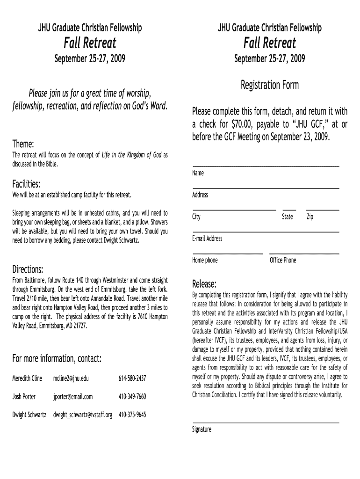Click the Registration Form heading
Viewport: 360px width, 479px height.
[269, 85]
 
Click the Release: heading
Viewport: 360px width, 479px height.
[204, 284]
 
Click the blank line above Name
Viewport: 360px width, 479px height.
[266, 166]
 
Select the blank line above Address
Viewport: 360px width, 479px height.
[266, 188]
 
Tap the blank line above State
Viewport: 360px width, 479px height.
[289, 210]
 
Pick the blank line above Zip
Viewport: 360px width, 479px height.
[322, 210]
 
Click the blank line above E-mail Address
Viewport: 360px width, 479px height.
[266, 232]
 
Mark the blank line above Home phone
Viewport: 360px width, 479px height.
[227, 254]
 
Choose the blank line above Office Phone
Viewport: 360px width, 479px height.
[304, 254]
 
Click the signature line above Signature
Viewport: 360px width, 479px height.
[266, 423]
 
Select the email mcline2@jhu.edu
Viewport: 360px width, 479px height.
[71, 378]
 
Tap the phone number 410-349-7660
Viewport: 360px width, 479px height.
[132, 397]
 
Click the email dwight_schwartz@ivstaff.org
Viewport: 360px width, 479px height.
[82, 415]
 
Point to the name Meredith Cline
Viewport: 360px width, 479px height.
[27, 378]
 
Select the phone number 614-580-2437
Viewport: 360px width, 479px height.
[132, 378]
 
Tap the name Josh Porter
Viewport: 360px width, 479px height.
[24, 397]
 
